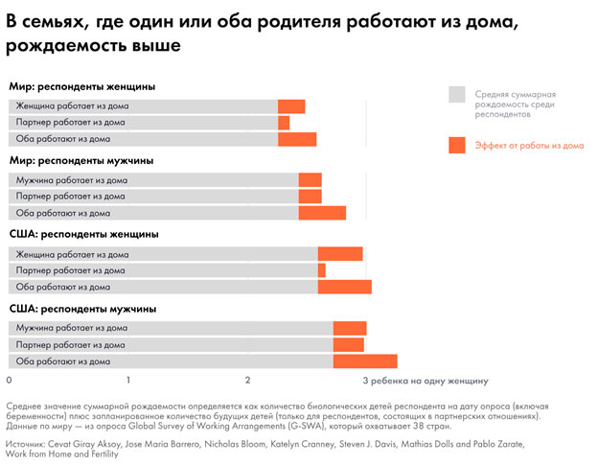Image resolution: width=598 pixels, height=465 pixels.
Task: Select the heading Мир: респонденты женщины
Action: [x=82, y=86]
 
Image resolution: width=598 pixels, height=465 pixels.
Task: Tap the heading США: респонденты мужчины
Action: [x=82, y=309]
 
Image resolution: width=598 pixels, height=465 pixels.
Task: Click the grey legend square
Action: [x=457, y=94]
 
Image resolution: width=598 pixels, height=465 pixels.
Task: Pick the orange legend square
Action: [x=457, y=145]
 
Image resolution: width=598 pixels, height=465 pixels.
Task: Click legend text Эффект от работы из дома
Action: [x=529, y=146]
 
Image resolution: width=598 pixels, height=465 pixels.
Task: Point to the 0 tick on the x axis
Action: [x=10, y=381]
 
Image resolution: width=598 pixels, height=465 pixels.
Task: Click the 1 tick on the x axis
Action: [x=128, y=381]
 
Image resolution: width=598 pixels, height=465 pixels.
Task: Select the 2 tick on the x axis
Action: [x=248, y=381]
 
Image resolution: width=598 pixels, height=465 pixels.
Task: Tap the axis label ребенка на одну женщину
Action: [x=429, y=381]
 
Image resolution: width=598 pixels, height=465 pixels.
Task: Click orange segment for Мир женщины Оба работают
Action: [x=297, y=139]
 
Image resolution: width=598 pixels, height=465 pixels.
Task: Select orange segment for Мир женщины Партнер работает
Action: [x=284, y=123]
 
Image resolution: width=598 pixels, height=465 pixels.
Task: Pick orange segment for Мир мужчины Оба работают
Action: [x=322, y=213]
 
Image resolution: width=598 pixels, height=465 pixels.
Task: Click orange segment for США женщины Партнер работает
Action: [x=322, y=270]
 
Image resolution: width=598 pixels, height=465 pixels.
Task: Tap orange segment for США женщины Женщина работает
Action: [x=340, y=254]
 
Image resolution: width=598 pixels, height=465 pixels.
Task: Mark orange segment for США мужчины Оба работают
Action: [x=365, y=361]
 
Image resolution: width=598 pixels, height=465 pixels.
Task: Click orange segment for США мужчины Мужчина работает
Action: [x=350, y=329]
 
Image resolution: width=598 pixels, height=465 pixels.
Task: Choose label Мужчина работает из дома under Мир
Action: [x=72, y=180]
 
